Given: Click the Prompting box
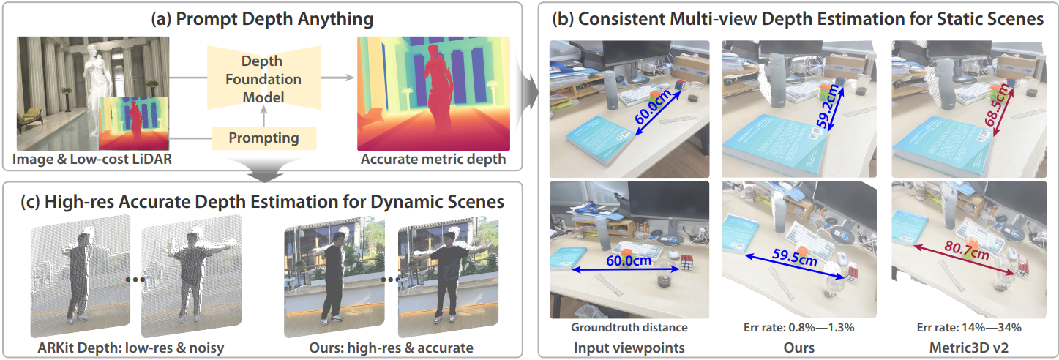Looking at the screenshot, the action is coord(263,138).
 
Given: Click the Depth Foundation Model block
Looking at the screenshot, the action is coord(263,78).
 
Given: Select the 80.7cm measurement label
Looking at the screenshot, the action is coord(967,250).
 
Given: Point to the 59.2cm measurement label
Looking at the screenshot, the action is coord(830,106).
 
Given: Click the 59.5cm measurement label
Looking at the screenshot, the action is coord(795,258).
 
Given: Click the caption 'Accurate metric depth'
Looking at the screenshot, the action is coord(433,160).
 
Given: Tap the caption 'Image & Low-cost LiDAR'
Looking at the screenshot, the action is coord(92,160).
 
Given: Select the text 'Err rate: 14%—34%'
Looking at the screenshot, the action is coord(969,327).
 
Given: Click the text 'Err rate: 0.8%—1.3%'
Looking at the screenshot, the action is coord(799,327).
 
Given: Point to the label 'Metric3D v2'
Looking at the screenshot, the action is coord(969,348).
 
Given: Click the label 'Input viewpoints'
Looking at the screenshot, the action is coord(629,348).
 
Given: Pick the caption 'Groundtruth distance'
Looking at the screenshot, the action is coord(629,327).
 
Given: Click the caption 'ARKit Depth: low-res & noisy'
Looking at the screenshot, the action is coord(131,348).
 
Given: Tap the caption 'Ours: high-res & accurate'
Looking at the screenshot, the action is coord(391,348).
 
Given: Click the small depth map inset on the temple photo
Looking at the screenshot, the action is coord(134,124).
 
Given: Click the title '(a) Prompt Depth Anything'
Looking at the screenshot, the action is coord(262,19).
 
